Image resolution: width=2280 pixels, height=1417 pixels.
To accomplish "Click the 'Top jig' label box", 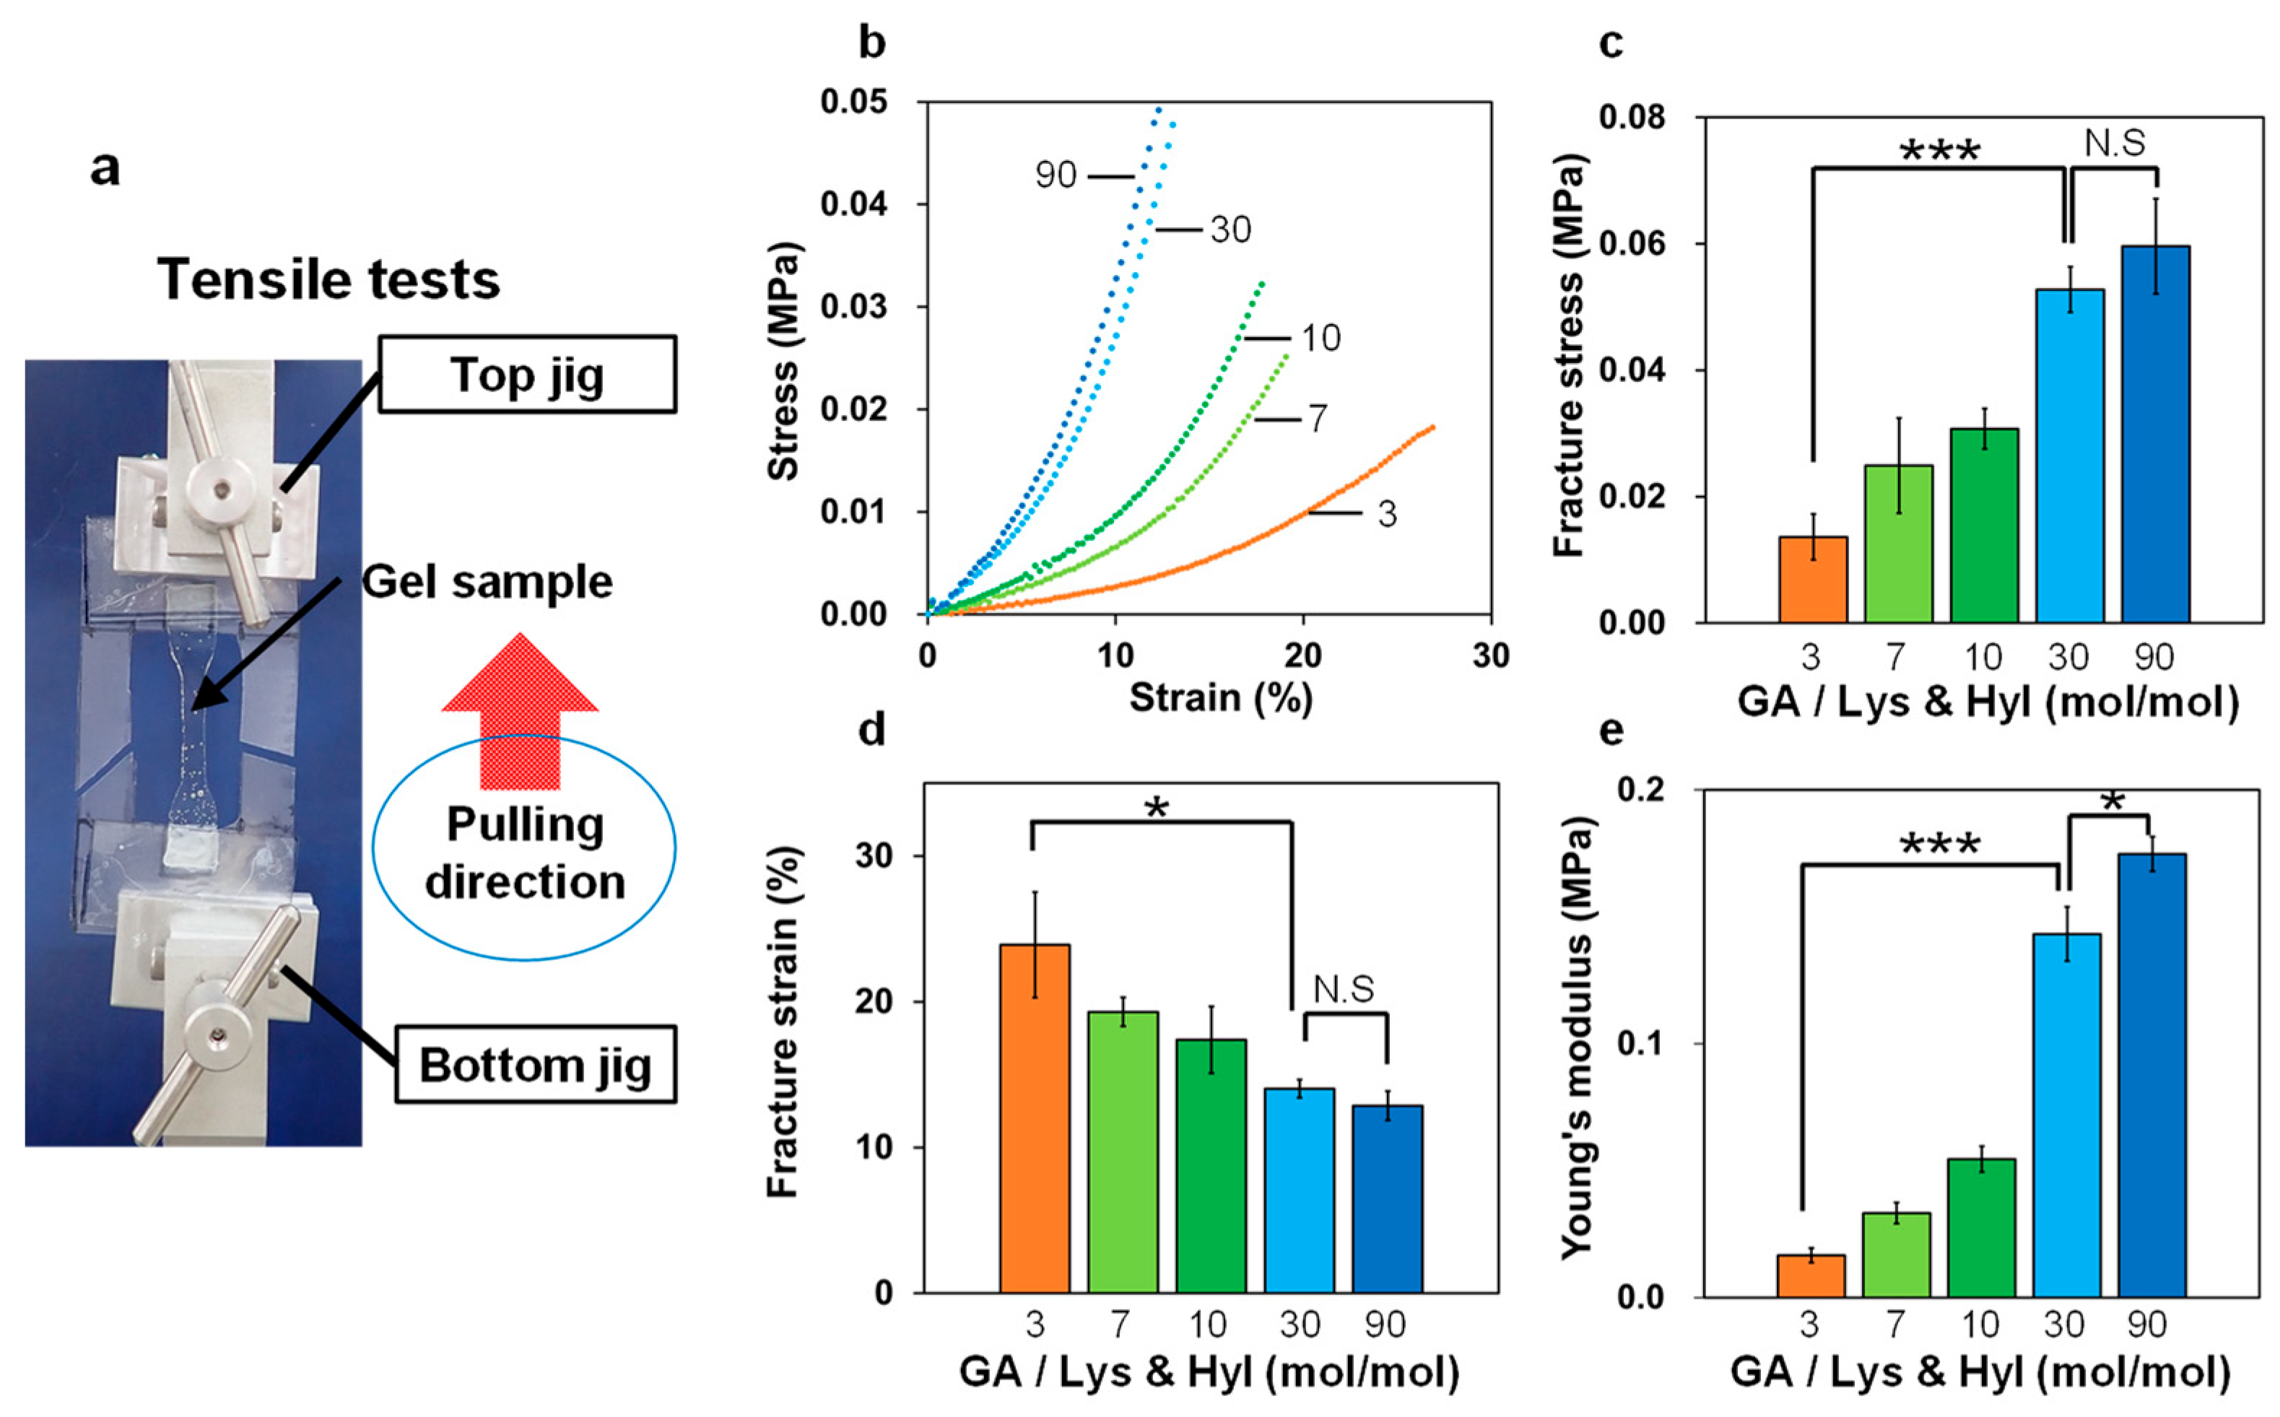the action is pyautogui.click(x=528, y=374).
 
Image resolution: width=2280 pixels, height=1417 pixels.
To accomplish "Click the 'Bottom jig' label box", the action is pyautogui.click(x=535, y=1064).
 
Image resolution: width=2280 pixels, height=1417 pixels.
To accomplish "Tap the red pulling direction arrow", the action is pyautogui.click(x=520, y=711).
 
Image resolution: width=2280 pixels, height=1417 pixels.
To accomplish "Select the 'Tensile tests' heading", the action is pyautogui.click(x=329, y=279).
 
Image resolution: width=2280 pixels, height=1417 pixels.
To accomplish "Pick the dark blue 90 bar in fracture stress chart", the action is pyautogui.click(x=2155, y=434).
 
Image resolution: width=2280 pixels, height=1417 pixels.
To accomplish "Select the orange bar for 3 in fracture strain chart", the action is pyautogui.click(x=1035, y=1119).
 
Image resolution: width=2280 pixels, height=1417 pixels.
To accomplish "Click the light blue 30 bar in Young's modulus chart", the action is pyautogui.click(x=2066, y=1115).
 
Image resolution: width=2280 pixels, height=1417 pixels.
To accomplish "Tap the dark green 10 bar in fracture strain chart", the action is pyautogui.click(x=1211, y=1166).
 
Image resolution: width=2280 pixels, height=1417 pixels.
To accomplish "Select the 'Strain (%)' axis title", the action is pyautogui.click(x=1220, y=698).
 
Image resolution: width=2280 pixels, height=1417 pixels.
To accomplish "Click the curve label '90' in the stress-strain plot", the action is pyautogui.click(x=1056, y=175).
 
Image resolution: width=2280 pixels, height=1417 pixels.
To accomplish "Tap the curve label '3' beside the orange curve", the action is pyautogui.click(x=1387, y=513).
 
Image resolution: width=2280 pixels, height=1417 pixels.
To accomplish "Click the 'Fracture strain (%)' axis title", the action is pyautogui.click(x=782, y=1021).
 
